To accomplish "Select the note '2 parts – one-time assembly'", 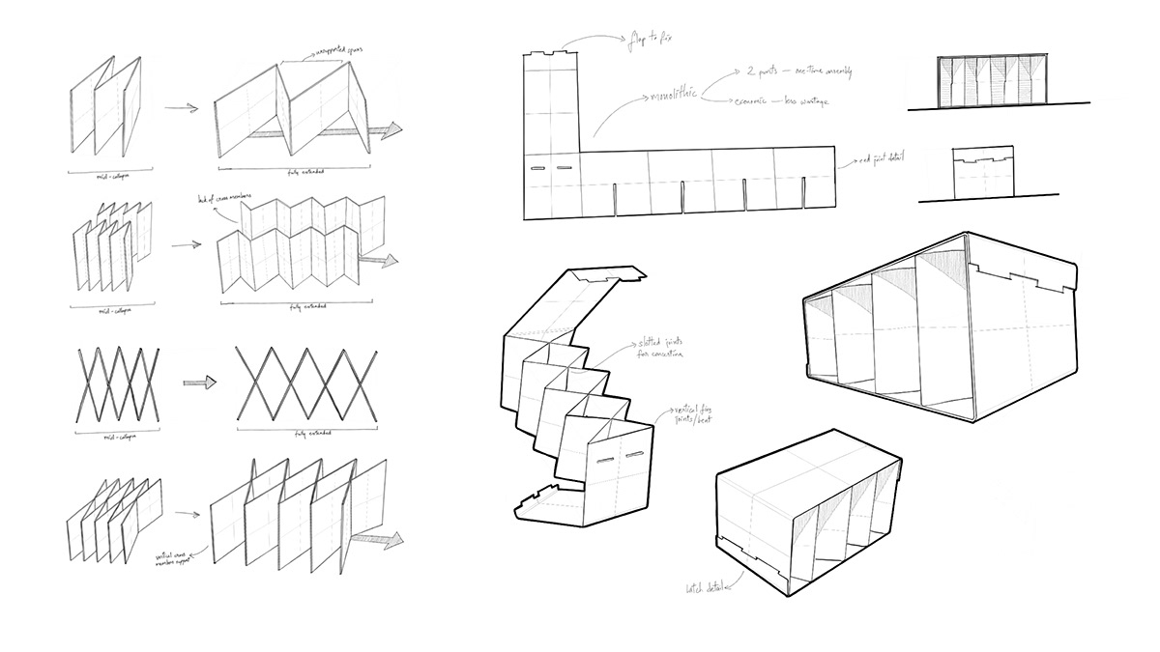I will [797, 72].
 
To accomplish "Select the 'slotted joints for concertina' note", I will [660, 348].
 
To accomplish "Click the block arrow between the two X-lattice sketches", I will [199, 382].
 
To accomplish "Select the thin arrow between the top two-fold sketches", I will [181, 108].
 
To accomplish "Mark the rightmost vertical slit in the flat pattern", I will [805, 196].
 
